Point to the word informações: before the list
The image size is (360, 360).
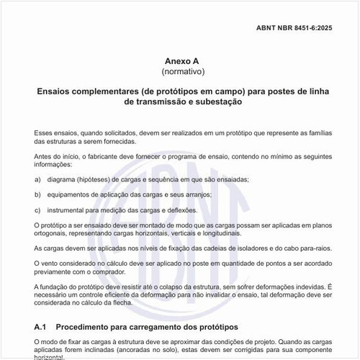coord(53,163)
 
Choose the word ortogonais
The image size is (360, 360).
coord(53,233)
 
